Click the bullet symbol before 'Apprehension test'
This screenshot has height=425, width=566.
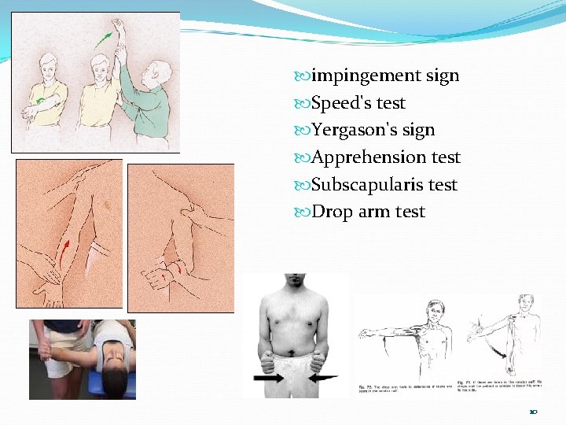303,157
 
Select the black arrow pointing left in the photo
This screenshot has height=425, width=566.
322,378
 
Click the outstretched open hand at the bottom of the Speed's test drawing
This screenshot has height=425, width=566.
53,296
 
